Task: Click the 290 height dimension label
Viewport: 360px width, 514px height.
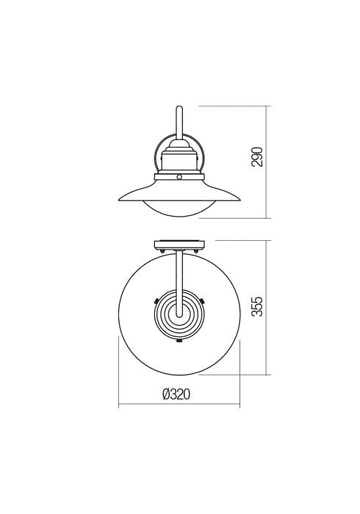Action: (257, 157)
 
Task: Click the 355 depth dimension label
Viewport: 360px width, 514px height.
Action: (257, 306)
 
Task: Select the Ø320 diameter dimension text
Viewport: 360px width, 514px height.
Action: (176, 394)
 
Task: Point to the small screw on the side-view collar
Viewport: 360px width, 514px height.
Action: (179, 177)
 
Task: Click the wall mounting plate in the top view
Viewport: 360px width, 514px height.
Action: (179, 245)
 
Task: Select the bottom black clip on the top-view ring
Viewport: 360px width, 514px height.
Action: (179, 341)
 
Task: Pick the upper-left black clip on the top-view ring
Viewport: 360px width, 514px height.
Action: (155, 300)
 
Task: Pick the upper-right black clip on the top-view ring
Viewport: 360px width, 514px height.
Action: (204, 300)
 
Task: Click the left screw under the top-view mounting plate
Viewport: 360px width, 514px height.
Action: (162, 252)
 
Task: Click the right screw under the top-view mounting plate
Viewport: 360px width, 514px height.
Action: (196, 252)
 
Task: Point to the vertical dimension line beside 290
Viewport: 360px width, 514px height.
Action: (267, 162)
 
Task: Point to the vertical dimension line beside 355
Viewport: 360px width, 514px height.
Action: (267, 307)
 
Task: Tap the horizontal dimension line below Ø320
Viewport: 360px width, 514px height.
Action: (179, 405)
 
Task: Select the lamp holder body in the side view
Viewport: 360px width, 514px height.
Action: (179, 159)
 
